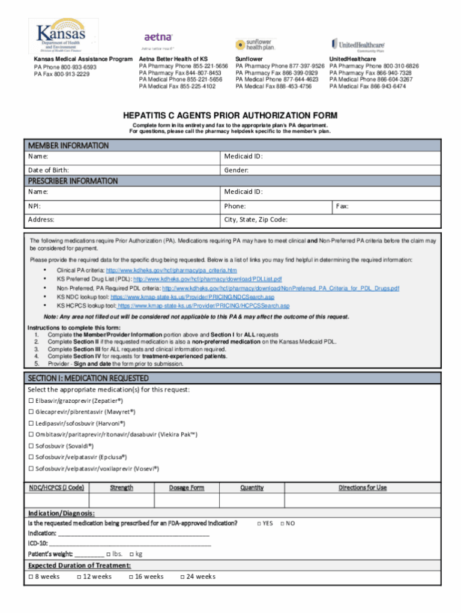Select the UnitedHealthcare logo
pos(358,44)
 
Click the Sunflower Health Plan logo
pos(255,44)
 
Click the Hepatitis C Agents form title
pos(230,115)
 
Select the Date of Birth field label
pos(49,170)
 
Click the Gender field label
pos(237,170)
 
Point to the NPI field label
pos(34,206)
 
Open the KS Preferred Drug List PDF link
pos(207,279)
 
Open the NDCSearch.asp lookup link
pos(192,297)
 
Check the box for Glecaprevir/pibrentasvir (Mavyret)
pos(31,412)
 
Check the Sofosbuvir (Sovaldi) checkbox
pos(31,446)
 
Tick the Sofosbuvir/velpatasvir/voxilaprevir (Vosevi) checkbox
pos(31,468)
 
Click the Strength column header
pos(121,488)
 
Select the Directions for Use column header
pos(363,488)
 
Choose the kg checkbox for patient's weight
pos(131,554)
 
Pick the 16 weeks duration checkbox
pos(131,577)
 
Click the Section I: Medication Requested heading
pos(88,378)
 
